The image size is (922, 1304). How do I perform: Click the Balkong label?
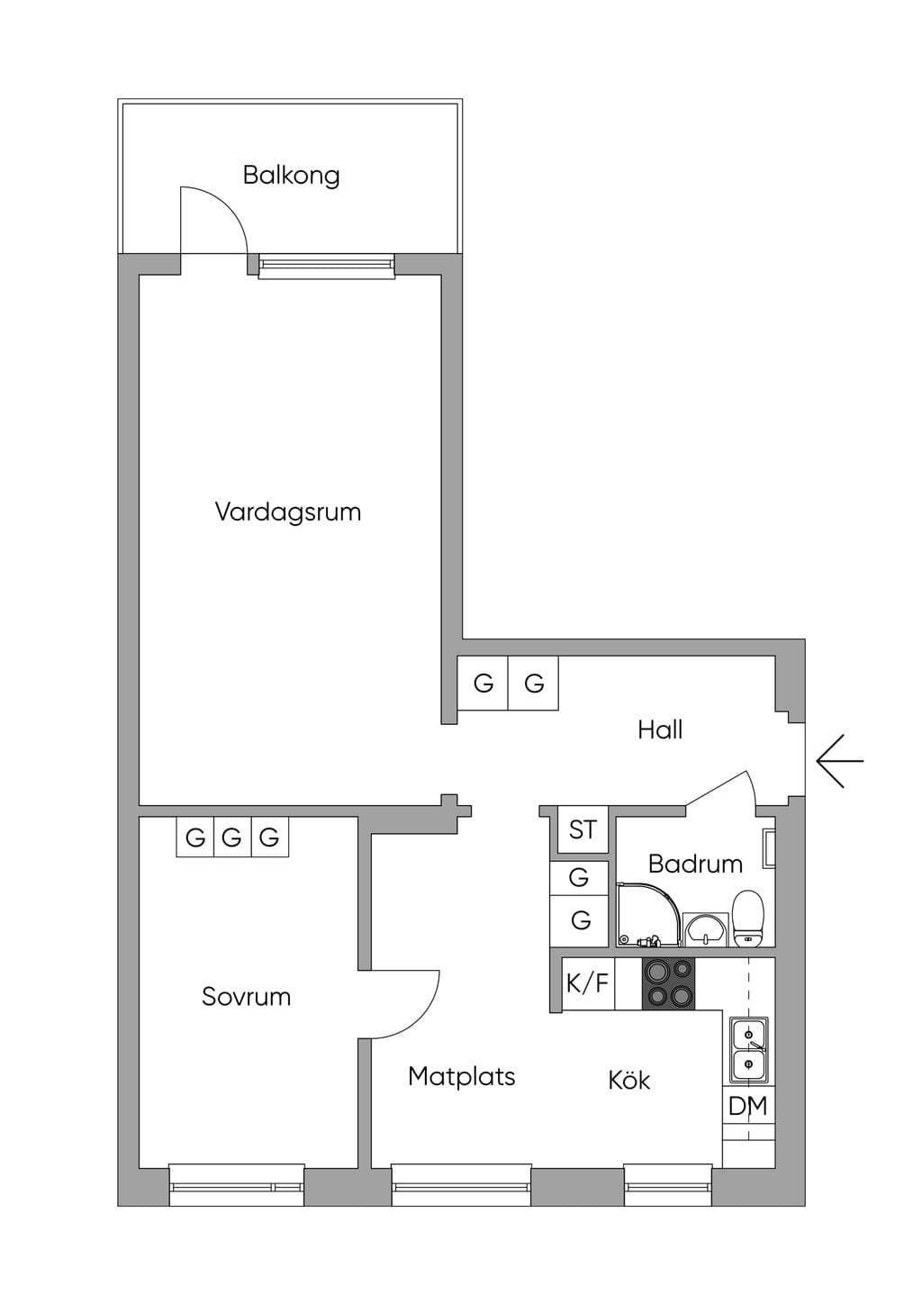(x=291, y=176)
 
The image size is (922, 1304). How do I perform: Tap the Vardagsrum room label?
(x=288, y=512)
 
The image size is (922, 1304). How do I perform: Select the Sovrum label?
(x=246, y=997)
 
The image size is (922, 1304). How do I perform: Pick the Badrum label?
(x=695, y=864)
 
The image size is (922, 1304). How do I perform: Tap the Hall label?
(x=660, y=730)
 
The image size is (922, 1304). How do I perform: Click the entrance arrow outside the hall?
(x=840, y=760)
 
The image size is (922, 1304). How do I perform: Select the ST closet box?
(x=583, y=829)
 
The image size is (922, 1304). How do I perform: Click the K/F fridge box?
(x=588, y=983)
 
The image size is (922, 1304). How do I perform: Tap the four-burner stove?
(x=669, y=983)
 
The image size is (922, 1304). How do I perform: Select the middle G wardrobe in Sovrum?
(x=232, y=838)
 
